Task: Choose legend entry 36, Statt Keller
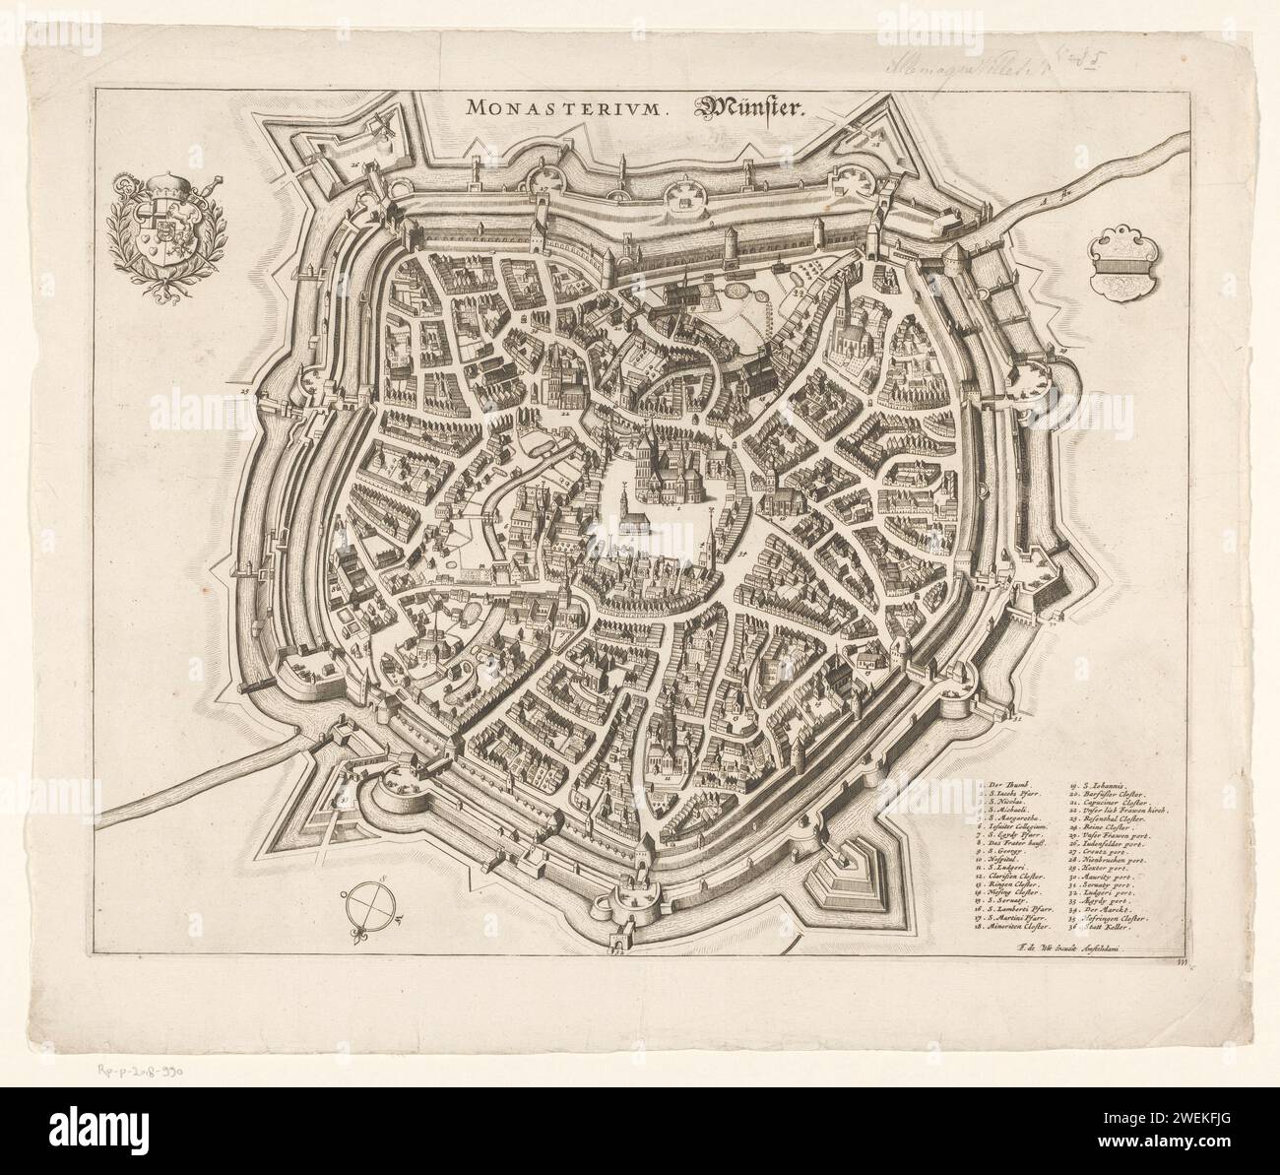point(1106,927)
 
